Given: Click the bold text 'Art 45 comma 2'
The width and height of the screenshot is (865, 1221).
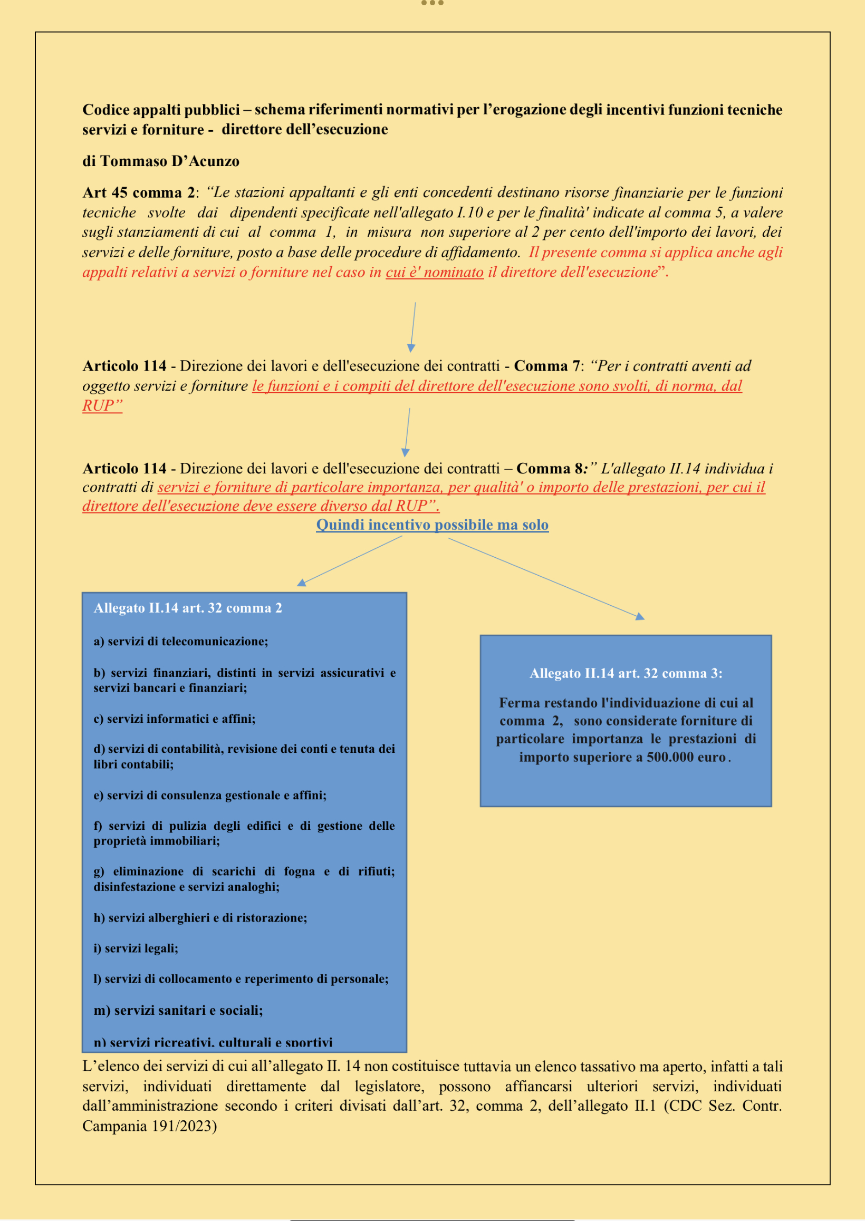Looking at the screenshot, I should (x=139, y=192).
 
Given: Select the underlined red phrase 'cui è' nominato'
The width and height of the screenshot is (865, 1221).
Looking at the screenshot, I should (x=435, y=273).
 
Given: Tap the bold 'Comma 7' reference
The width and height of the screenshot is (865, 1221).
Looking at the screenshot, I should (x=546, y=366).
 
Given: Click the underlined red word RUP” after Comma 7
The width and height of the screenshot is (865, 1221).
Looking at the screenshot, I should (x=102, y=406).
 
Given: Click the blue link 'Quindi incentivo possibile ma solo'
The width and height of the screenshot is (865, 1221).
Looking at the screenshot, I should (x=432, y=525).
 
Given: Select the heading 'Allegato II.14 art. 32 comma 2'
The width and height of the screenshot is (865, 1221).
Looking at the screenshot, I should (x=187, y=608).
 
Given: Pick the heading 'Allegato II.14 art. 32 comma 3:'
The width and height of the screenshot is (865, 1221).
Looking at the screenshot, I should (x=626, y=673).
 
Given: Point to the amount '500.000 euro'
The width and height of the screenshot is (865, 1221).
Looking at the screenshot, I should (x=686, y=758).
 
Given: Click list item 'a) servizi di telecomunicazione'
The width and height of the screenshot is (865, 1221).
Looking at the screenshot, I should (x=180, y=642).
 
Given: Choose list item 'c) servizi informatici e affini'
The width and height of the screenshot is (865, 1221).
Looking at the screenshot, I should (x=174, y=719).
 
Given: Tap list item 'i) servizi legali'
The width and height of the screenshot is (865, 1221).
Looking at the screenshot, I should (x=136, y=948).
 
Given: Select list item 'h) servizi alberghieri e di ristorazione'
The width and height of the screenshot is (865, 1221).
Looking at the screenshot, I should (x=200, y=918).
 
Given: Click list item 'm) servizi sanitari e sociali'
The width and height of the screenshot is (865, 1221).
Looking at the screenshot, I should (x=178, y=1010).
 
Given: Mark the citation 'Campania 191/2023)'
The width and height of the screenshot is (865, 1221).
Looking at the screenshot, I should (x=149, y=1126).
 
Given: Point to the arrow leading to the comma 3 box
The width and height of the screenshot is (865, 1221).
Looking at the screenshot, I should (x=546, y=578).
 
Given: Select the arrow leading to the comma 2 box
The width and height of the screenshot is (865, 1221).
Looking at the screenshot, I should (x=352, y=561).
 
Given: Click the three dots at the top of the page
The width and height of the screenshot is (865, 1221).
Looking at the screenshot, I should (x=432, y=3).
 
